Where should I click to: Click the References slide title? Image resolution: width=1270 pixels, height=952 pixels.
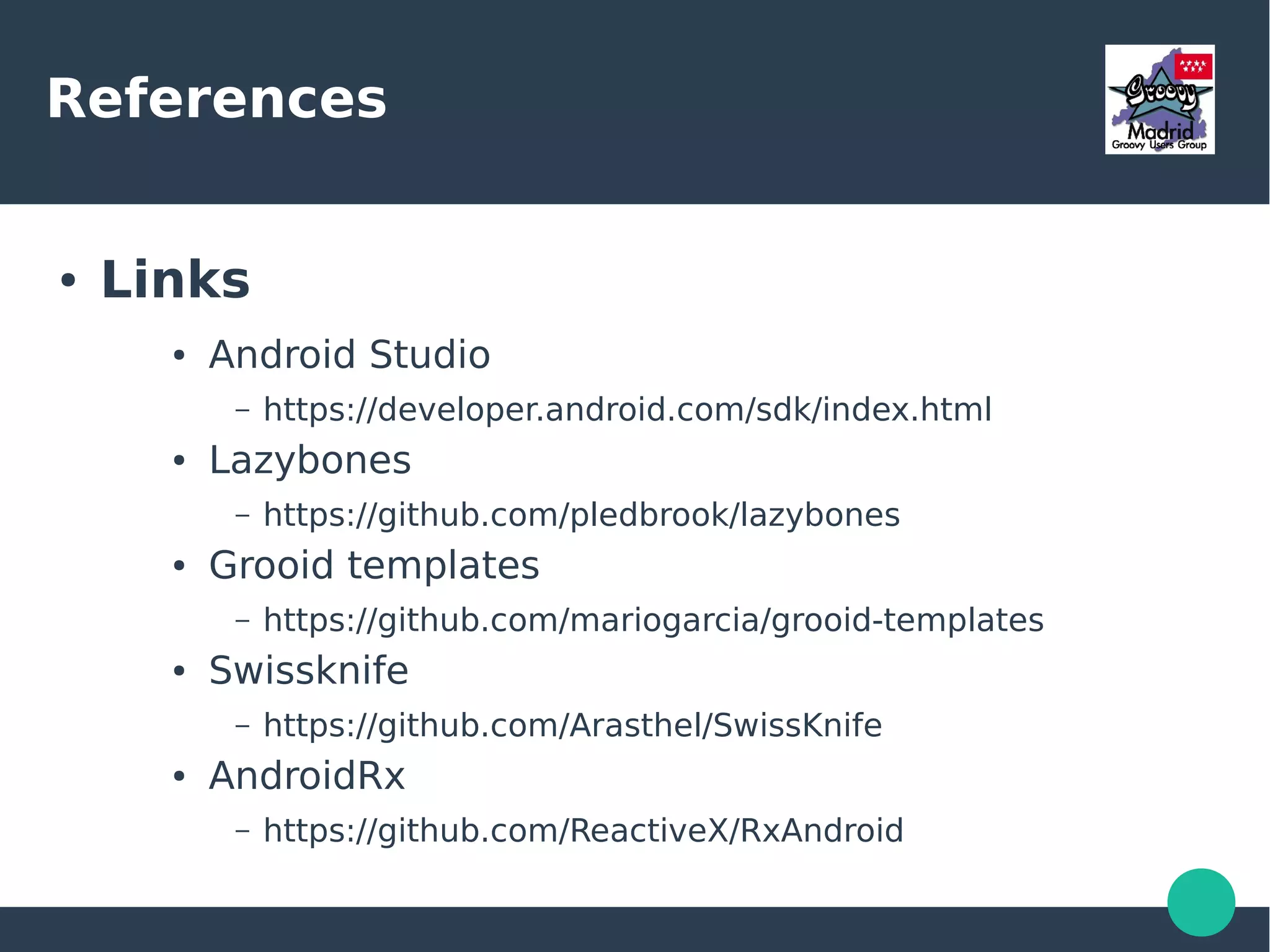[216, 99]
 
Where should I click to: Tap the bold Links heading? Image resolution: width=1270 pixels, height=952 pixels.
[175, 280]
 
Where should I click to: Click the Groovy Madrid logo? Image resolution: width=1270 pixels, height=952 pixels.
[1159, 99]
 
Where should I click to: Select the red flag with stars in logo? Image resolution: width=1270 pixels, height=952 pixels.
[1193, 66]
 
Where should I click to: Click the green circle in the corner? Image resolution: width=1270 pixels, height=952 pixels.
[1201, 902]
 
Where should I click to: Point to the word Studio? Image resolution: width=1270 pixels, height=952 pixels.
[429, 355]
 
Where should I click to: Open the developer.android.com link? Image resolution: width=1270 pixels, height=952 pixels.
[627, 409]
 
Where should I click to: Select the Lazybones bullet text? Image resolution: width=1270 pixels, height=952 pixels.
[309, 460]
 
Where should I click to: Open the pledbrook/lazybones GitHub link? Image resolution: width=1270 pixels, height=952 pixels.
[581, 515]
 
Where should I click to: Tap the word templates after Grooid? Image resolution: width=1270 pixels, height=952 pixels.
[443, 565]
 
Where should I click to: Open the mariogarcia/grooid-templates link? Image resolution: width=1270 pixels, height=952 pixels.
[653, 620]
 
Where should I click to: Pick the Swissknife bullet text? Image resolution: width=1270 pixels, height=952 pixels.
[308, 670]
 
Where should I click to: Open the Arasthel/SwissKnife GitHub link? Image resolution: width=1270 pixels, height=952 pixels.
[572, 725]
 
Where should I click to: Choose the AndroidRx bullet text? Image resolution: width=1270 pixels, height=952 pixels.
[306, 776]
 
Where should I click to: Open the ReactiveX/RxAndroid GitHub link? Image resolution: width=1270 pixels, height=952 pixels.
[583, 830]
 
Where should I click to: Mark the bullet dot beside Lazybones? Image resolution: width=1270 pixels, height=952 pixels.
[179, 461]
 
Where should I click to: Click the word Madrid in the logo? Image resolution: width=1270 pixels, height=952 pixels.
[1160, 131]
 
